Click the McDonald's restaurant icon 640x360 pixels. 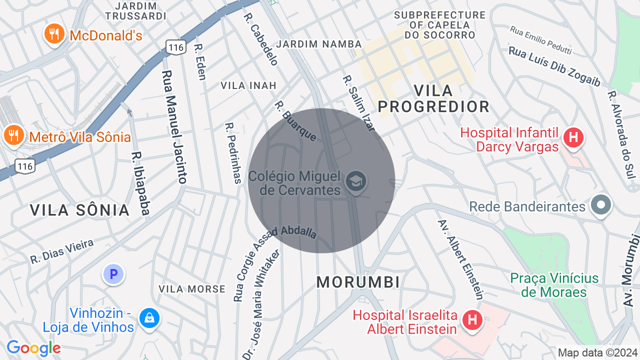[x=54, y=34]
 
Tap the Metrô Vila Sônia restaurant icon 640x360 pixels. [x=13, y=135]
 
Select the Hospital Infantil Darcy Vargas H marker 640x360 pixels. [x=573, y=138]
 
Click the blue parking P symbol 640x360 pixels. [x=113, y=274]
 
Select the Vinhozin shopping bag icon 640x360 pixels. [x=149, y=318]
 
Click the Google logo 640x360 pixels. [x=33, y=348]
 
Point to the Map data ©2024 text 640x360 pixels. [x=597, y=352]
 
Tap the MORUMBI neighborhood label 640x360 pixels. [x=358, y=282]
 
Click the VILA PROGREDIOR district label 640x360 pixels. [x=433, y=98]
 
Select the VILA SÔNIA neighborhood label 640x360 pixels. [x=80, y=210]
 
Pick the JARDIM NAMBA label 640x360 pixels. [x=319, y=44]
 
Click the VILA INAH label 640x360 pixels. [x=248, y=85]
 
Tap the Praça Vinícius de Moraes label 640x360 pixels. [x=554, y=285]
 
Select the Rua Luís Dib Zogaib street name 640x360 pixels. [x=554, y=66]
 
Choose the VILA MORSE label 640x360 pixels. [x=192, y=289]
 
